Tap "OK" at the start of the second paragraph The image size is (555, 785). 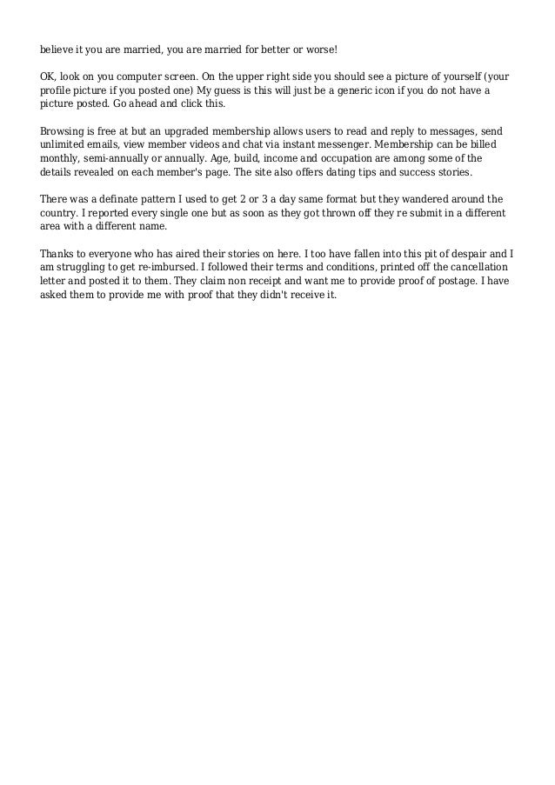pyautogui.click(x=49, y=77)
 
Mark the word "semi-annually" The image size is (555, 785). pyautogui.click(x=110, y=161)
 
